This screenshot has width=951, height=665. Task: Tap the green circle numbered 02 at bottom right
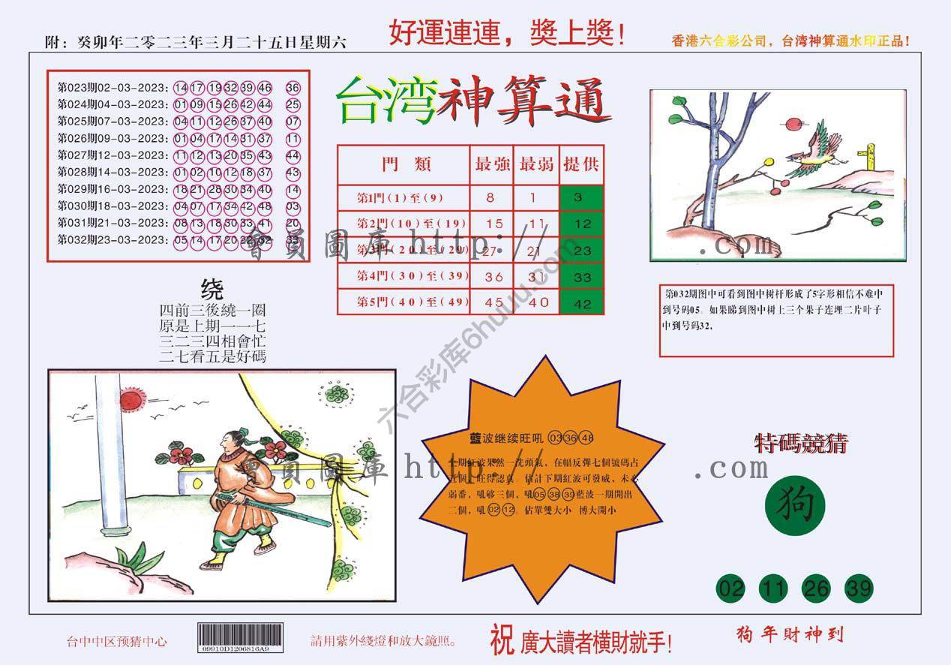click(x=730, y=588)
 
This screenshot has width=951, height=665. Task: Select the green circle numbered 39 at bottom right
click(x=858, y=588)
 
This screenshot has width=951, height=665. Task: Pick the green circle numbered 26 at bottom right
click(x=815, y=588)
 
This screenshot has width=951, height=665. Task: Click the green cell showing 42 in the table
click(x=582, y=304)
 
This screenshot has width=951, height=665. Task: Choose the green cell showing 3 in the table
click(x=582, y=197)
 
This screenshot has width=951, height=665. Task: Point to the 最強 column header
click(x=492, y=164)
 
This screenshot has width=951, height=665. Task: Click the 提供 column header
click(x=582, y=164)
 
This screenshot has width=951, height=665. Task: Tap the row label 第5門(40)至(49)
click(x=403, y=302)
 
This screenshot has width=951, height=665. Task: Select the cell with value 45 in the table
click(x=492, y=302)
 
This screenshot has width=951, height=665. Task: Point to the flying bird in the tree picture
click(x=814, y=154)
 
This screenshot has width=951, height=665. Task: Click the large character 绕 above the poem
click(x=212, y=288)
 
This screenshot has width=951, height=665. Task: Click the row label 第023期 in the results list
click(x=73, y=88)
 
